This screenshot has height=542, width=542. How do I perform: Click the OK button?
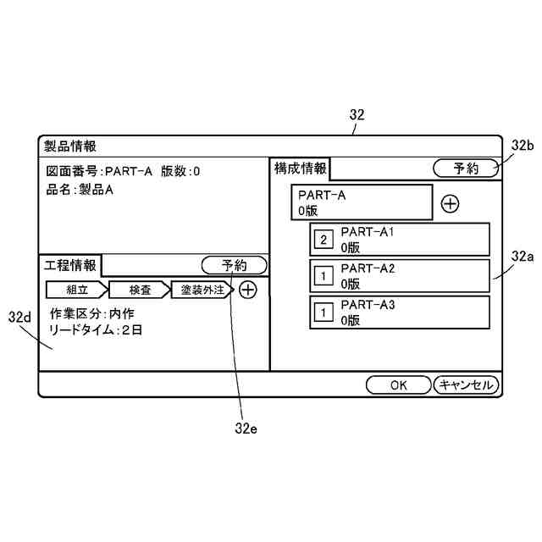click(x=399, y=384)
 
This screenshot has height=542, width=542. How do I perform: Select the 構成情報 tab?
click(x=300, y=168)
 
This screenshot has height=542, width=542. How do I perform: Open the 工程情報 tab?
click(x=70, y=265)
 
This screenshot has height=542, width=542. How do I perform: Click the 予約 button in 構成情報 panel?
click(x=466, y=168)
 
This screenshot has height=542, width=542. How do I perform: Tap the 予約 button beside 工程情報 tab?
click(x=235, y=265)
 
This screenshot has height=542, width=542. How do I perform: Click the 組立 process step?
click(x=76, y=290)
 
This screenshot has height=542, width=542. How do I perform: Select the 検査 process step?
click(x=140, y=290)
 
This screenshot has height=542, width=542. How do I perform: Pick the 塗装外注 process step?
click(x=202, y=290)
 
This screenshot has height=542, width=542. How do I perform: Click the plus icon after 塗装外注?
click(x=247, y=290)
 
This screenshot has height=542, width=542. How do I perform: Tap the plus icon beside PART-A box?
click(x=451, y=204)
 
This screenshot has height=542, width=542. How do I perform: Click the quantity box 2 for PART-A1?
click(x=324, y=240)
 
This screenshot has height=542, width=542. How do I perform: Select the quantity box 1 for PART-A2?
click(x=324, y=276)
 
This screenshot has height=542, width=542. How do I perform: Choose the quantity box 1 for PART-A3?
click(x=324, y=312)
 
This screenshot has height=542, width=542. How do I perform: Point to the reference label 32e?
click(x=246, y=427)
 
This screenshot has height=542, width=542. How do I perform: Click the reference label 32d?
click(x=19, y=317)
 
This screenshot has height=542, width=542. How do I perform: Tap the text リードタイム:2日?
click(x=97, y=330)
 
